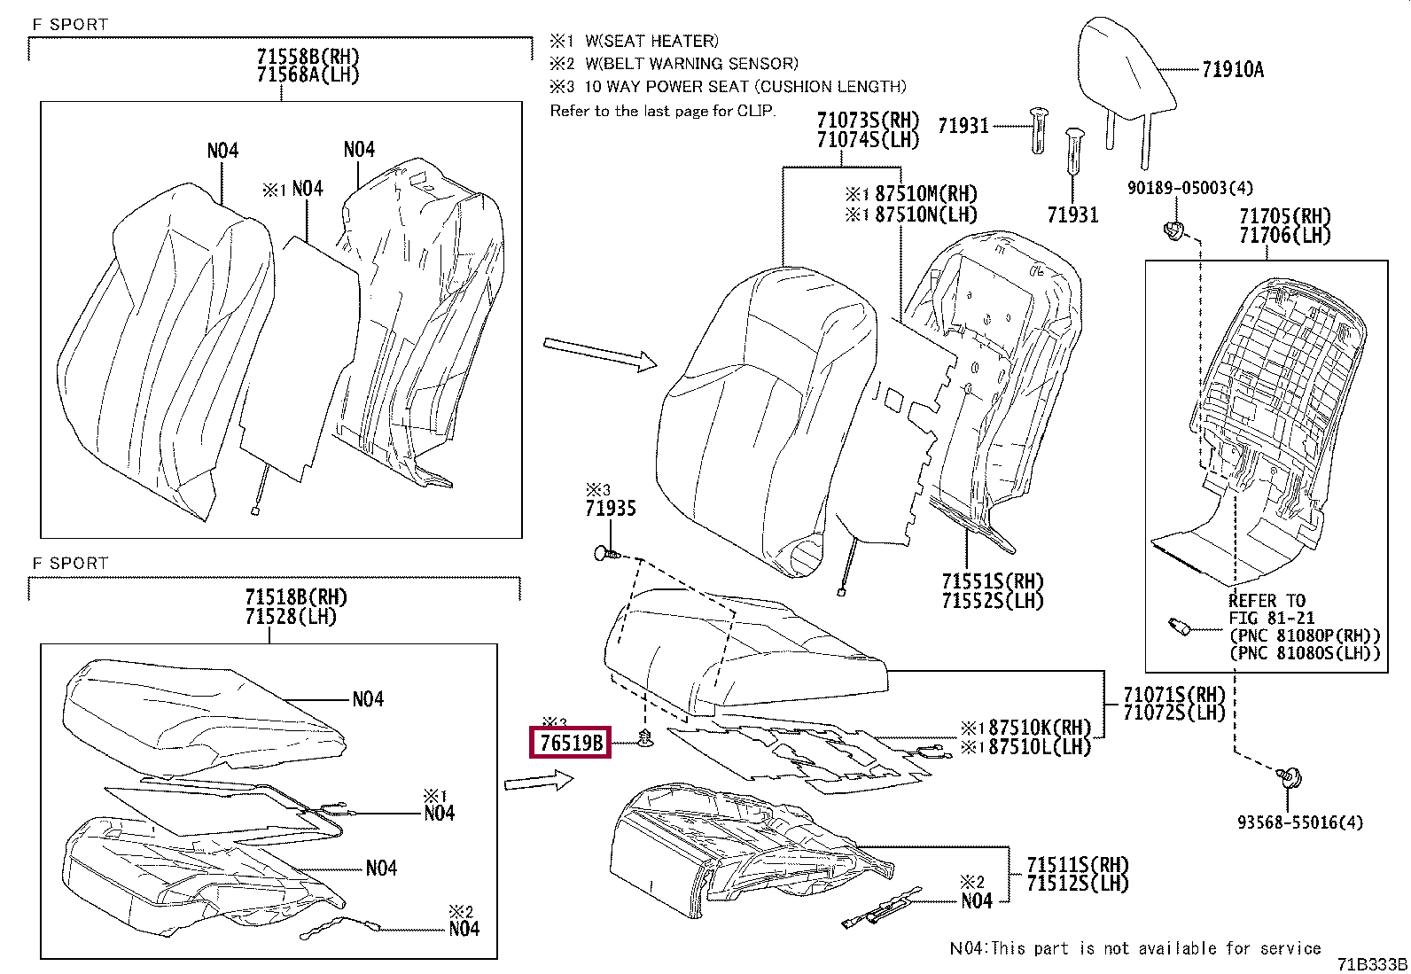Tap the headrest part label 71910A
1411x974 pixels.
pyautogui.click(x=1233, y=69)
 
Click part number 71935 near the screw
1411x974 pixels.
pyautogui.click(x=610, y=509)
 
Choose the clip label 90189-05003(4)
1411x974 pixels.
pyautogui.click(x=1189, y=188)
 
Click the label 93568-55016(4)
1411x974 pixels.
pyautogui.click(x=1299, y=822)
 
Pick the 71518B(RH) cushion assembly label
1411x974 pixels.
pyautogui.click(x=295, y=597)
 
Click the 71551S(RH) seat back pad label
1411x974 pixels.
pyautogui.click(x=993, y=581)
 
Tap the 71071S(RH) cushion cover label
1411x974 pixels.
pyautogui.click(x=1173, y=694)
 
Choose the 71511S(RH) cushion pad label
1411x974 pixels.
pyautogui.click(x=1078, y=864)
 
